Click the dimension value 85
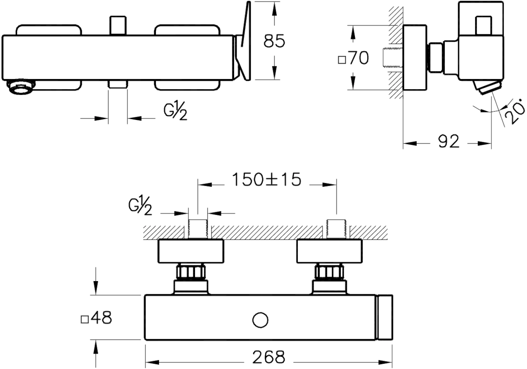pyautogui.click(x=274, y=41)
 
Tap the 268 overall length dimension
pyautogui.click(x=269, y=357)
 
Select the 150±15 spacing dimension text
pyautogui.click(x=267, y=180)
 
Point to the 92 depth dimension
pyautogui.click(x=449, y=141)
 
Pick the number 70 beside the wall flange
pyautogui.click(x=359, y=58)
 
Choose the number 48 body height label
pyautogui.click(x=101, y=318)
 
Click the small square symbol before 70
pyautogui.click(x=342, y=60)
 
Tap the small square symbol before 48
pyautogui.click(x=85, y=320)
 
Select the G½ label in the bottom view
pyautogui.click(x=140, y=206)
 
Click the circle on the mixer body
pyautogui.click(x=260, y=320)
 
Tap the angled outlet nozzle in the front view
pyautogui.click(x=21, y=87)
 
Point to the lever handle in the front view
pyautogui.click(x=243, y=41)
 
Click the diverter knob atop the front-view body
pyautogui.click(x=118, y=25)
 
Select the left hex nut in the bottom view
pyautogui.click(x=191, y=272)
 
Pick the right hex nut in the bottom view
pyautogui.click(x=329, y=272)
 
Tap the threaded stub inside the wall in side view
pyautogui.click(x=393, y=58)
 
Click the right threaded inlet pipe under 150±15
pyautogui.click(x=336, y=229)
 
